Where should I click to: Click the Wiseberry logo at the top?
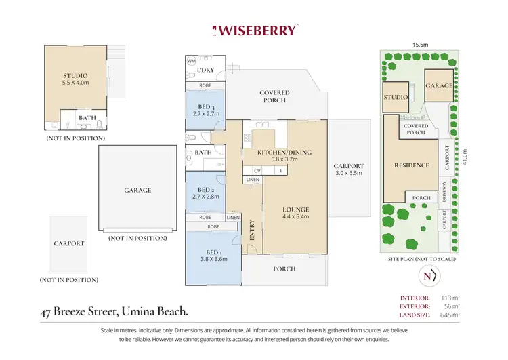pos(255,30)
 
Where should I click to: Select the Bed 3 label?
pos(206,107)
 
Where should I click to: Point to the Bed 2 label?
pos(206,190)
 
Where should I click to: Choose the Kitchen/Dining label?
pos(284,152)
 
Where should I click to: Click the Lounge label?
pos(296,209)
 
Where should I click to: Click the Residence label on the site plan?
pos(412,165)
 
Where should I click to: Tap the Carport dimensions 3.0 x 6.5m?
pos(349,174)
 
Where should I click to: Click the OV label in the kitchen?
pos(257,170)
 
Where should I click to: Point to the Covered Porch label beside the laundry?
pos(274,96)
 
